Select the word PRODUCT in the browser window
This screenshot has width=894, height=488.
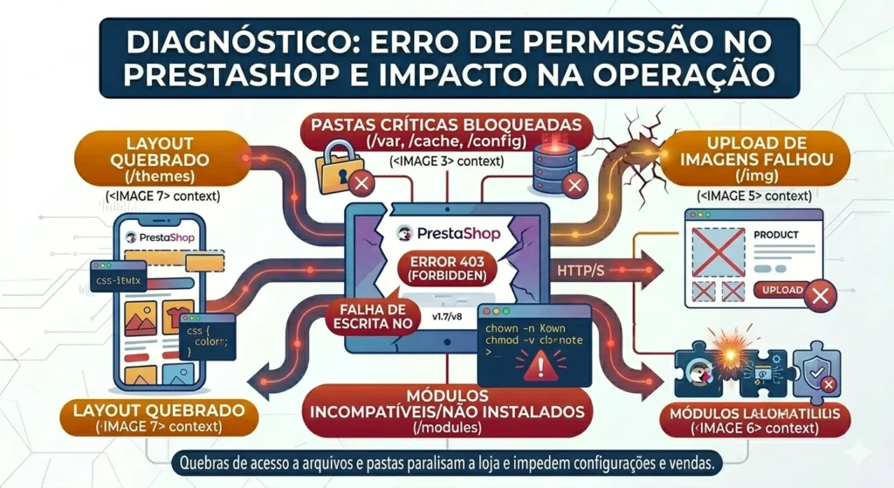(x=776, y=236)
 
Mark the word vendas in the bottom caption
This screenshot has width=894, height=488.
(x=689, y=462)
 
